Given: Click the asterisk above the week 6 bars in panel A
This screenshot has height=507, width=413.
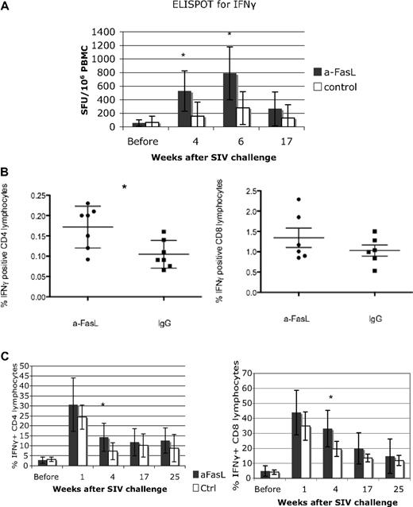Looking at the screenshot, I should [x=230, y=35].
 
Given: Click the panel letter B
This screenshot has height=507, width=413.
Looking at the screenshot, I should [x=6, y=169].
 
